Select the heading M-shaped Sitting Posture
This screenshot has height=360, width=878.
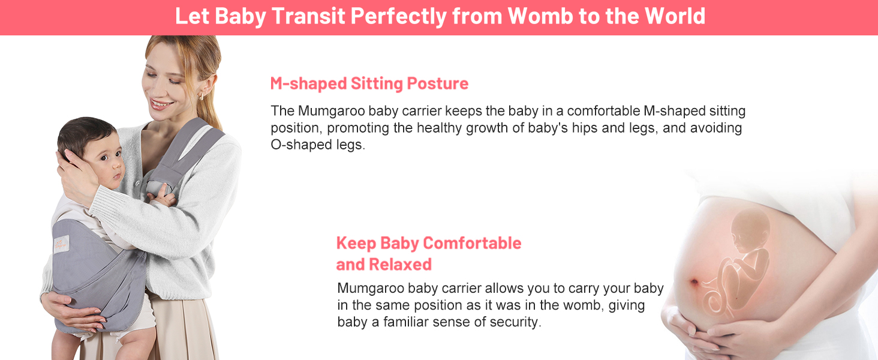tap(369, 83)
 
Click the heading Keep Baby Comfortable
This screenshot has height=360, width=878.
tap(428, 243)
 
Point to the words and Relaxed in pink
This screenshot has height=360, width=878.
tap(383, 264)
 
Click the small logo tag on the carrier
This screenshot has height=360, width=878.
tap(61, 243)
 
